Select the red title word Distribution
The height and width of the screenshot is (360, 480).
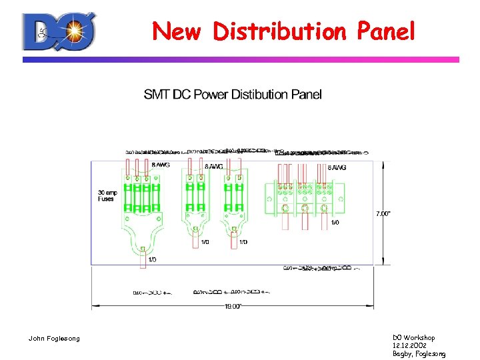tap(279, 31)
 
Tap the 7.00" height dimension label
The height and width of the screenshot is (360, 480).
tap(383, 214)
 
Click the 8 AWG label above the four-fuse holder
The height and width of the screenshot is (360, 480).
tap(160, 165)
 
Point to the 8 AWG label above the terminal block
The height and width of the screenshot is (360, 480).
tap(337, 167)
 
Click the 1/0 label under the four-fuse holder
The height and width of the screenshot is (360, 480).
tap(152, 259)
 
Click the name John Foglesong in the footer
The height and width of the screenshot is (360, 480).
tap(53, 339)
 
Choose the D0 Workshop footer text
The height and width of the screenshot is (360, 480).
tap(414, 338)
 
